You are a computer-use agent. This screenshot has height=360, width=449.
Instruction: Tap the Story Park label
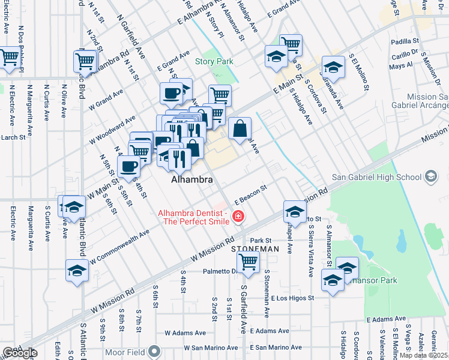pyautogui.click(x=214, y=61)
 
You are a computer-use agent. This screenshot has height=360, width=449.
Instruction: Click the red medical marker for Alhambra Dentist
pyautogui.click(x=239, y=217)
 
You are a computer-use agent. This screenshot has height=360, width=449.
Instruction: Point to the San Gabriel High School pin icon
pyautogui.click(x=430, y=176)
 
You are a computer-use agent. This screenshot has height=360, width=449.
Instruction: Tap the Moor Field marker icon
pyautogui.click(x=155, y=350)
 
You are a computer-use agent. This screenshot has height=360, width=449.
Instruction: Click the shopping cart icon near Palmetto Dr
pyautogui.click(x=248, y=261)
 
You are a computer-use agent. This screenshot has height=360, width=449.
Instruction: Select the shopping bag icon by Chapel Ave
pyautogui.click(x=240, y=127)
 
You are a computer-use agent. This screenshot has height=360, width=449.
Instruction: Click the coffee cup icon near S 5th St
pyautogui.click(x=128, y=166)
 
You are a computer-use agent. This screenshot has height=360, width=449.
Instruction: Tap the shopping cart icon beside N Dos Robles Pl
pyautogui.click(x=10, y=58)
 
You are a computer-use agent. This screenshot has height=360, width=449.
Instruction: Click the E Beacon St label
pyautogui.click(x=250, y=193)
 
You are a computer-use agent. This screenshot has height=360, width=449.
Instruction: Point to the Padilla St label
pyautogui.click(x=404, y=41)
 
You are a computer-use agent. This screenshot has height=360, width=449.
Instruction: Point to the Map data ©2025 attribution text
pyautogui.click(x=423, y=356)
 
